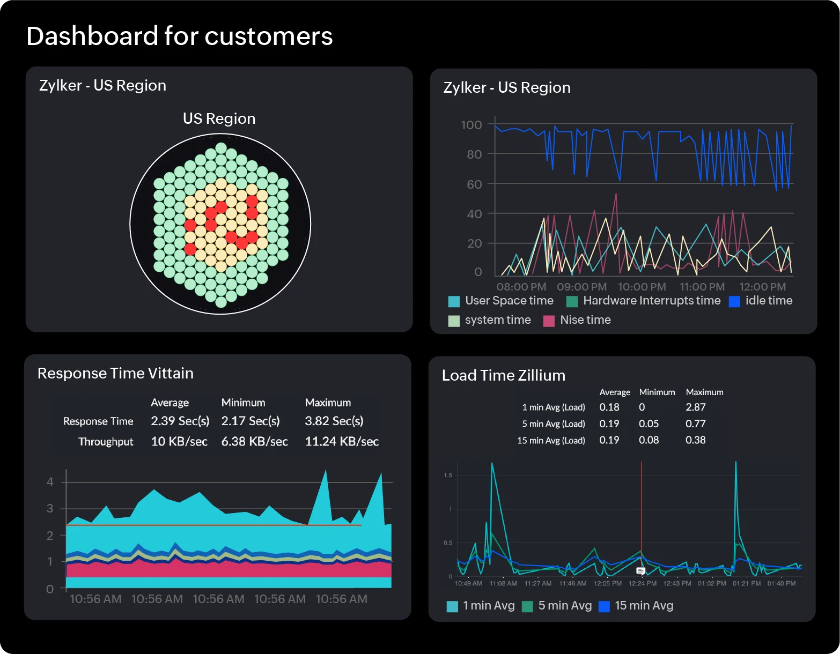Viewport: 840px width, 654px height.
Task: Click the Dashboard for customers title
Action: click(179, 36)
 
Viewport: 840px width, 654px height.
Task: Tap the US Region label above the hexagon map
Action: click(219, 118)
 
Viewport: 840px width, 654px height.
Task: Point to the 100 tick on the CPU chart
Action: click(471, 125)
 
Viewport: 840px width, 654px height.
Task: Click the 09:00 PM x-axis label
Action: click(581, 287)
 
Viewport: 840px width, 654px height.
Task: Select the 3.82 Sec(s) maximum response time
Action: click(334, 421)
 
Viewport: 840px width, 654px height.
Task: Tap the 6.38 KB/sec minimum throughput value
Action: click(254, 442)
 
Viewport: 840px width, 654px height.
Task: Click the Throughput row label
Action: click(106, 442)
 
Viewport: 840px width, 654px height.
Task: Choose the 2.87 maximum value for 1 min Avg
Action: click(695, 407)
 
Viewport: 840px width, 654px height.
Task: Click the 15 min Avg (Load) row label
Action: click(551, 441)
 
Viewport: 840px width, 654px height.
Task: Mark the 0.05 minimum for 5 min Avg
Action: click(649, 424)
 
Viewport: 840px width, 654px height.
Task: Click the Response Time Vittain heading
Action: click(115, 374)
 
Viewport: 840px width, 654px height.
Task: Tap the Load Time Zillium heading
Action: click(503, 376)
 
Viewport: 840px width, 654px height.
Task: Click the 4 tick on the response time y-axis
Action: click(50, 481)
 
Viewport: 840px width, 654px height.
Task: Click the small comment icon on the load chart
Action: click(640, 571)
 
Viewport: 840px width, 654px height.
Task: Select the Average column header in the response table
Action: click(170, 403)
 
